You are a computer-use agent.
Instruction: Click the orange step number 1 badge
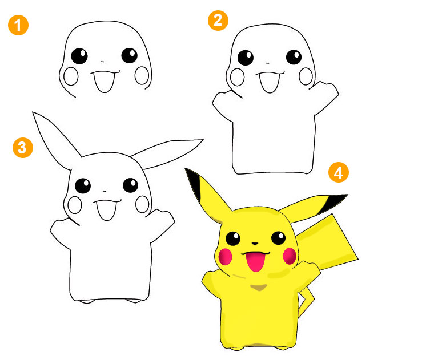(18, 25)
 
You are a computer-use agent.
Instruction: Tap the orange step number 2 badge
(218, 21)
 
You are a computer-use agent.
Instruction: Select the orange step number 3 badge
(23, 148)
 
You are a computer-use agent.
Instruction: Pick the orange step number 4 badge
(339, 172)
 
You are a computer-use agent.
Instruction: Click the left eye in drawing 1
(79, 56)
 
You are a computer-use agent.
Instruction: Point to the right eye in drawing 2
(294, 57)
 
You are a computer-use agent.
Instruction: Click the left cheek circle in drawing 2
(238, 77)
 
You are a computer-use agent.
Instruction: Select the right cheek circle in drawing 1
(142, 75)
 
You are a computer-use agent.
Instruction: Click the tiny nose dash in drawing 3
(105, 192)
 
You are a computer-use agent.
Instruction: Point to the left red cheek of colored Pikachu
(225, 257)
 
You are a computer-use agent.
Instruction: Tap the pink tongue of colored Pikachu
(255, 262)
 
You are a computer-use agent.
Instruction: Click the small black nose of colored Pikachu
(255, 244)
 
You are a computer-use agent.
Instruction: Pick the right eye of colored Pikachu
(278, 238)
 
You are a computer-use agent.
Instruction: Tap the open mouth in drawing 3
(107, 210)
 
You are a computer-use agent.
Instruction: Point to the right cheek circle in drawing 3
(142, 204)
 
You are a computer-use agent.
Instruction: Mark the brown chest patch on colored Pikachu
(258, 288)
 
